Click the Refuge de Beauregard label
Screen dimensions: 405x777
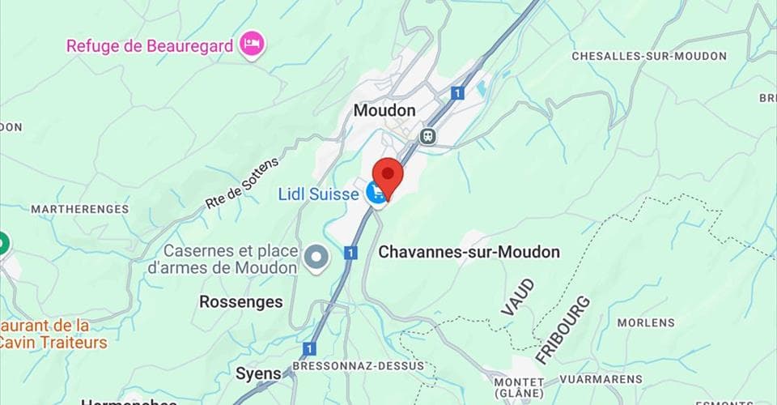tap(150, 45)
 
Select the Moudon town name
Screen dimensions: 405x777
tap(384, 110)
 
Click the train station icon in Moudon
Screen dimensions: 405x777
tap(428, 136)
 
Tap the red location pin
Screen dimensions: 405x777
tap(389, 175)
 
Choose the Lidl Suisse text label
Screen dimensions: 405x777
tap(318, 194)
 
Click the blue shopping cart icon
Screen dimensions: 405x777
tap(376, 193)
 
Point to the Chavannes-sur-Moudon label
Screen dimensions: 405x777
tap(469, 252)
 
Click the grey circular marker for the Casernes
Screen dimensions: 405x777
tap(317, 258)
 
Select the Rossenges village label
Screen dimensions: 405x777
tap(241, 302)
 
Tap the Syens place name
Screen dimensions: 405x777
tap(258, 373)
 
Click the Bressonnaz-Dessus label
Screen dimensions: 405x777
tap(358, 366)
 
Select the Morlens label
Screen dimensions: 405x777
tap(646, 322)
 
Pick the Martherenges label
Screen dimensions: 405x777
tap(79, 209)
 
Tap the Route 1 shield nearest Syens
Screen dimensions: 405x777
tap(308, 349)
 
